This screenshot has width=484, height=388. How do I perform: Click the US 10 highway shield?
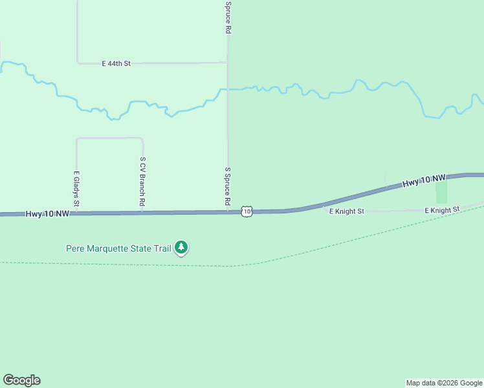(247, 211)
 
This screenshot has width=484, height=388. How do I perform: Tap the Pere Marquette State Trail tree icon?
(182, 247)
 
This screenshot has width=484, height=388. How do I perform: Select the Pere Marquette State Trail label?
(119, 248)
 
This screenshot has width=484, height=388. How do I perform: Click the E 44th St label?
(116, 63)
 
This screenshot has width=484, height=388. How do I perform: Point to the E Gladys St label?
(76, 189)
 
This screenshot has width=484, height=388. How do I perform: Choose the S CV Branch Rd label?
(142, 182)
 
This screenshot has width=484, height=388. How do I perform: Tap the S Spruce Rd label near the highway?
(228, 186)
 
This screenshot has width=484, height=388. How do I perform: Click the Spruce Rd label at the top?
(228, 17)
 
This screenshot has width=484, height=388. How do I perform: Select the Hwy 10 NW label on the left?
(48, 213)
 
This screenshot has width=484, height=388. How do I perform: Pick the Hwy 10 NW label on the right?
(424, 180)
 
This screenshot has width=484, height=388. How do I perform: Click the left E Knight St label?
(347, 211)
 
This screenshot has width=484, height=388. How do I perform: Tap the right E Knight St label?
(442, 210)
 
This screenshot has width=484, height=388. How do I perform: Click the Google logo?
(21, 380)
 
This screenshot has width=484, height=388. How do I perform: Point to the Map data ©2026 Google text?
(444, 383)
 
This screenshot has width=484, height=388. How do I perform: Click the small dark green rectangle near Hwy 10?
(441, 192)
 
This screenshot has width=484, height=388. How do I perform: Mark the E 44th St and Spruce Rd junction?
(227, 63)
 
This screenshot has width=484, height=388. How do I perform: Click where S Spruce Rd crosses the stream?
(227, 89)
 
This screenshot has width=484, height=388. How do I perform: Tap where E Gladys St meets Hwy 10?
(76, 213)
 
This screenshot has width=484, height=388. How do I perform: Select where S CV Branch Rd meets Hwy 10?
(142, 212)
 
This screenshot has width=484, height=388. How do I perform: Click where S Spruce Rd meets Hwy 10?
(228, 211)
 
